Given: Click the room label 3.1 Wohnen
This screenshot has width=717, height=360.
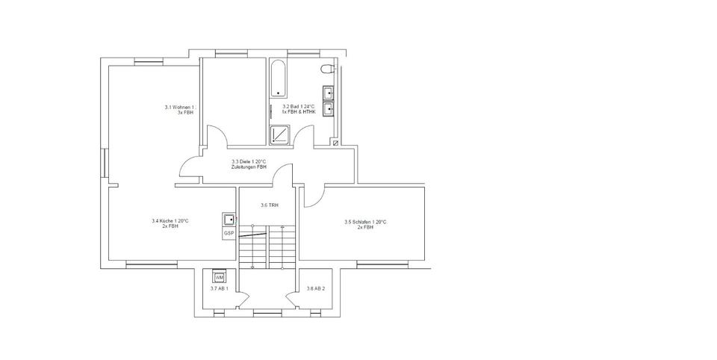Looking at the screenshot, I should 179,110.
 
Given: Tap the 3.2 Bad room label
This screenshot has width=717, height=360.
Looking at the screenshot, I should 298,110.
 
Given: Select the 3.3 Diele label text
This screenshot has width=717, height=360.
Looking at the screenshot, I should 249,164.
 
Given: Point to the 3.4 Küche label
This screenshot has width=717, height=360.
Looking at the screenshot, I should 170,223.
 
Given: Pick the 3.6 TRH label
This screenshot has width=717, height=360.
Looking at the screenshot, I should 268,205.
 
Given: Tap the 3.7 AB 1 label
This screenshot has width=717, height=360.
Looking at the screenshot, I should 219,288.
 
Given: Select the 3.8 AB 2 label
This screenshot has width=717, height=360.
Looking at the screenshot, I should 317,288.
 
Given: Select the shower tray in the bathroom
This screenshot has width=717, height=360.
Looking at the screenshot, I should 280,134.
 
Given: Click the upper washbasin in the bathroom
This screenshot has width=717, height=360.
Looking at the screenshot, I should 328,93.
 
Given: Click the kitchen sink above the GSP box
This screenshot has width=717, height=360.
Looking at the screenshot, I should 229,220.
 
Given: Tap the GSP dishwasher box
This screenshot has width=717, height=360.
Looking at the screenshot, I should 229,233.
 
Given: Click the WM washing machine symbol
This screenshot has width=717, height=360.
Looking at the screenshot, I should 219,277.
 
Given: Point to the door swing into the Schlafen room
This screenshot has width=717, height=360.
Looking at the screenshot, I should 313,195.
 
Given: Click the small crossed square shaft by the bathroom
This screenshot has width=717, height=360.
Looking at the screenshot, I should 335,142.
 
